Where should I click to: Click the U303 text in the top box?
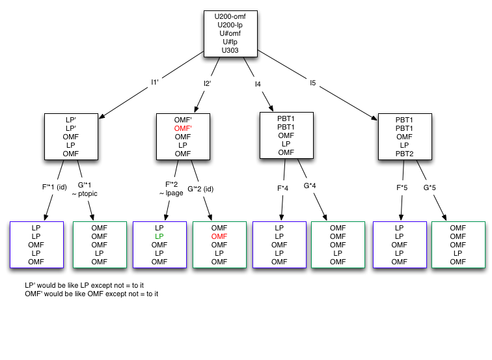coord(230,50)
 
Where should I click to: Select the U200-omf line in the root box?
coord(230,16)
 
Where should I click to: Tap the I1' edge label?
coord(155,82)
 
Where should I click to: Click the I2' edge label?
coord(207,83)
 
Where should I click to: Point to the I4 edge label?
coord(258,83)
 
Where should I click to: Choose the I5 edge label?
coord(312,83)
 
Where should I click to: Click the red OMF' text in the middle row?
coord(183,129)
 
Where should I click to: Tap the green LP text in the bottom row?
coord(159,236)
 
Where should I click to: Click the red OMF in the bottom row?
coord(220,236)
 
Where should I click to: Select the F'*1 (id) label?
coord(54,186)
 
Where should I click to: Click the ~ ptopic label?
coord(85,193)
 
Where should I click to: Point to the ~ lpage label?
coord(171,193)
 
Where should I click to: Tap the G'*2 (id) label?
coord(200,189)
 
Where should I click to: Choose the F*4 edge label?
coord(283,188)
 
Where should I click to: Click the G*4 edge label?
coord(310,186)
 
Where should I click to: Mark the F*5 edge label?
coord(403,188)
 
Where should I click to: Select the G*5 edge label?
coord(430,188)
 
